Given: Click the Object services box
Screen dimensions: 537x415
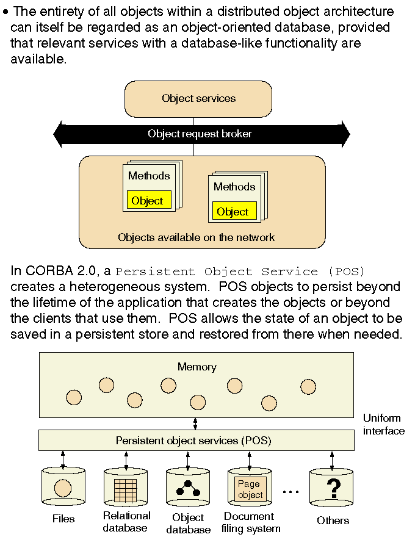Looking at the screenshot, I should [198, 98].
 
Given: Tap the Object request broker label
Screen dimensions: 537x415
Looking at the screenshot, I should [200, 134].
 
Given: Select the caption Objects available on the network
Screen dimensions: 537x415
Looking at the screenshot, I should [196, 237].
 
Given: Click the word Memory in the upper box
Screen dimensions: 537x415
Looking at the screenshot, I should [197, 367].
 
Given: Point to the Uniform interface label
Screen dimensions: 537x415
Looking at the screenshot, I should [383, 425].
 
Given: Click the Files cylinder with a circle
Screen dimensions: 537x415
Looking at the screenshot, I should [63, 488].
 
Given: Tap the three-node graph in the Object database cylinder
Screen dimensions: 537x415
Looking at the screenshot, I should [188, 488].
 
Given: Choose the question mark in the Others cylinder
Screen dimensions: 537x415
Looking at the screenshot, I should [333, 489].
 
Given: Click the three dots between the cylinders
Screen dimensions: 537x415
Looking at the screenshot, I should [290, 491].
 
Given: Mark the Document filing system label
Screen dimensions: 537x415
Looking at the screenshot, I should [251, 523].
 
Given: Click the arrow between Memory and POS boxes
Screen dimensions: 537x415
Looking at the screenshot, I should [196, 423].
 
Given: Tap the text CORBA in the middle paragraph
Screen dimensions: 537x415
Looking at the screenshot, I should [46, 272].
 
